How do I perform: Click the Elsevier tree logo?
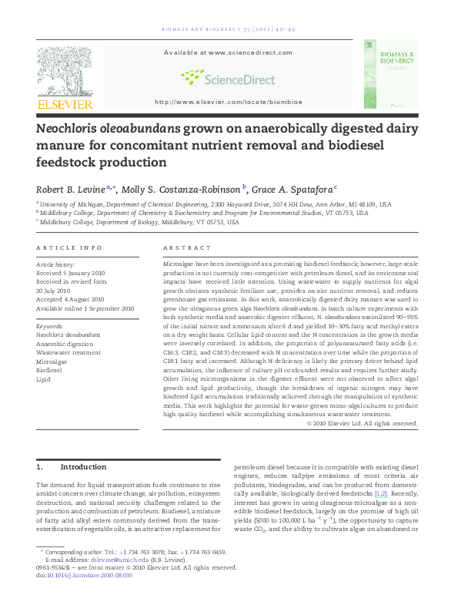point(65,71)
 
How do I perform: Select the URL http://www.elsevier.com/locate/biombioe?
point(229,102)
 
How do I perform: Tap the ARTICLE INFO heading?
point(69,247)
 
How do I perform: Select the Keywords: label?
point(50,327)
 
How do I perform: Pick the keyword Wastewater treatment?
point(69,352)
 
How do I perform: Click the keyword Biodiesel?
point(50,370)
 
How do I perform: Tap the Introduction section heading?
point(83,467)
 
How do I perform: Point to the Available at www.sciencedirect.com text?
point(228,52)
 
